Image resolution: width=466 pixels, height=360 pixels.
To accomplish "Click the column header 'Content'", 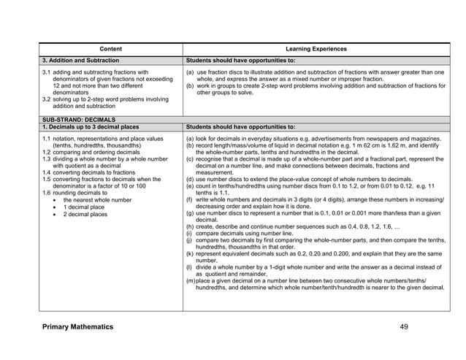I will click(x=110, y=49).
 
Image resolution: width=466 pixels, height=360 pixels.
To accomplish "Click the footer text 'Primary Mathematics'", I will click(x=77, y=326).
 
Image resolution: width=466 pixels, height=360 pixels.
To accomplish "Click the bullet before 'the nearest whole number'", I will click(x=56, y=199).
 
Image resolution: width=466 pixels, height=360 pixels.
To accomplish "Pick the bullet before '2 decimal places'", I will click(x=56, y=214).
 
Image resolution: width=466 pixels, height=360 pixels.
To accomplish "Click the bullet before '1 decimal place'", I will click(x=56, y=207).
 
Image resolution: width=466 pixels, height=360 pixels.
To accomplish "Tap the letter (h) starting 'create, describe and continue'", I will click(x=190, y=226).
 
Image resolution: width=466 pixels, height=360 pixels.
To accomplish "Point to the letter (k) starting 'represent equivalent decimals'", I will click(x=190, y=253).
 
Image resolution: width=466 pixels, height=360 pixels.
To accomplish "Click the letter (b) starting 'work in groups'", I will click(x=190, y=86).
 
